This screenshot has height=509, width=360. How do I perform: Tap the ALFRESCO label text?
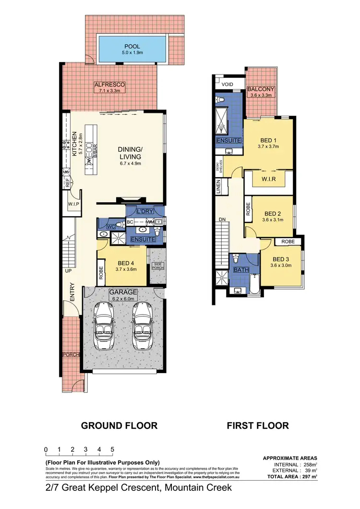[109, 84]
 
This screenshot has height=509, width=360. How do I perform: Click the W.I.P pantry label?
[73, 204]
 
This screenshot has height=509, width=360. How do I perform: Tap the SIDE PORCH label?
[156, 266]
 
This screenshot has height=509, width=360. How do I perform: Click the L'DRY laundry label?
[144, 212]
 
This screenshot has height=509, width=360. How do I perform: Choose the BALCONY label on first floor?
[261, 89]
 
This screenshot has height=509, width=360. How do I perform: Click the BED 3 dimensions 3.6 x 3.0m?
[281, 265]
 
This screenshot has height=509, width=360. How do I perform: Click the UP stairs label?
[68, 271]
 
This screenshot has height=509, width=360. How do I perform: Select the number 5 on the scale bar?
[112, 449]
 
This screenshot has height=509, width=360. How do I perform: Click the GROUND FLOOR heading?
[119, 425]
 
